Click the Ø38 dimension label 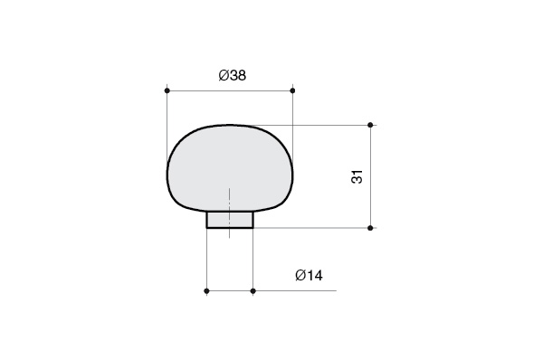[233, 75]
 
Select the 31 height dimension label [357, 176]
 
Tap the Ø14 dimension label [309, 276]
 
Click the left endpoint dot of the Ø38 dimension [167, 90]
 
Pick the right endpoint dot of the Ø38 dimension [292, 90]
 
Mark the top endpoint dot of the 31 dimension [370, 125]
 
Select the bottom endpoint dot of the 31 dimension [370, 228]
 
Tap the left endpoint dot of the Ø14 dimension [206, 290]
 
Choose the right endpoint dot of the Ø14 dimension [253, 290]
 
